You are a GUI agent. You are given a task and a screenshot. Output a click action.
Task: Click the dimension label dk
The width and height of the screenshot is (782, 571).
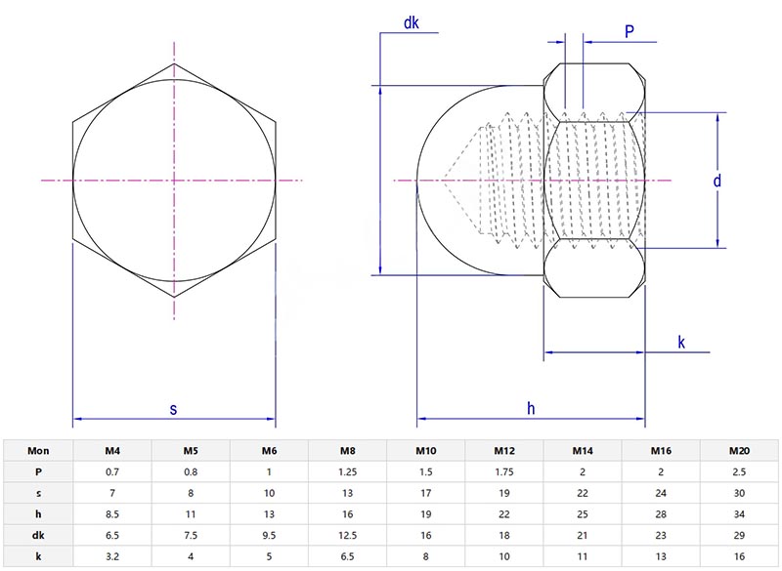point(411,24)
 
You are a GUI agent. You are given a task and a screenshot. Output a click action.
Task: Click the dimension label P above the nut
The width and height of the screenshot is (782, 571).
point(630,31)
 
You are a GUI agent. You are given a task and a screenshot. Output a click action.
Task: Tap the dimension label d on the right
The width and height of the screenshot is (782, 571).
point(717,181)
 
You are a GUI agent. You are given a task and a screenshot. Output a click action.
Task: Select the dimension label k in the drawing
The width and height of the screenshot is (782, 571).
point(680,342)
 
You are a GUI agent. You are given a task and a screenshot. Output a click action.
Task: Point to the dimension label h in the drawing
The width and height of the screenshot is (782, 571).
point(531,410)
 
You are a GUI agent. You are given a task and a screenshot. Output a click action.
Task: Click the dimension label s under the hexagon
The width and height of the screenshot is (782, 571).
point(173,410)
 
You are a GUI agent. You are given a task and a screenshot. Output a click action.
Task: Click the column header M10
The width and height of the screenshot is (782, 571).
point(426,451)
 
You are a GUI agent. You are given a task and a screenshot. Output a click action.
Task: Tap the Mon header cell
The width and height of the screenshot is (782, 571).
point(38,451)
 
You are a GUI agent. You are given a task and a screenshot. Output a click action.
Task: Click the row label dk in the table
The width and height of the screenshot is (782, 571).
point(38,536)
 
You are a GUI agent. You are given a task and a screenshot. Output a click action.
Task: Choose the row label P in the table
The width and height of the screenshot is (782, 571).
point(38,471)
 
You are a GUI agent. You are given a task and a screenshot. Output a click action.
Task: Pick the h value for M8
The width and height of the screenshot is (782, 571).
point(347,514)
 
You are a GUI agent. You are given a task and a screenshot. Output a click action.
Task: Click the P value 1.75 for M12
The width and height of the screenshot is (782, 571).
point(503,471)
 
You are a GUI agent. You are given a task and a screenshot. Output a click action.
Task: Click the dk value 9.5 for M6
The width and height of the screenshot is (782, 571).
point(269,536)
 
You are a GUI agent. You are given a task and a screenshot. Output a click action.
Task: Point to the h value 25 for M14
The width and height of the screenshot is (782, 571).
point(582,514)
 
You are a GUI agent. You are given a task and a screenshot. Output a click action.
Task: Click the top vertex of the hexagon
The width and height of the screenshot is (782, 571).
point(175,63)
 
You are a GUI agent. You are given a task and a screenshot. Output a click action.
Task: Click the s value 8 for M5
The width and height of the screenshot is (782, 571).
point(191,493)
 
